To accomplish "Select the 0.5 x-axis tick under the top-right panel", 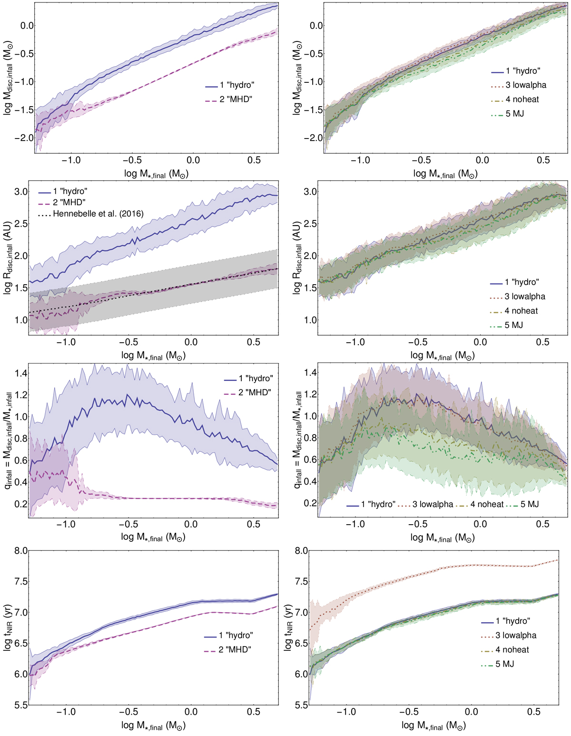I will coord(543,160).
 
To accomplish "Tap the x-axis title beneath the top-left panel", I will coord(156,174).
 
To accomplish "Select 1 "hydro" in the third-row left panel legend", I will coord(255,378).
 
